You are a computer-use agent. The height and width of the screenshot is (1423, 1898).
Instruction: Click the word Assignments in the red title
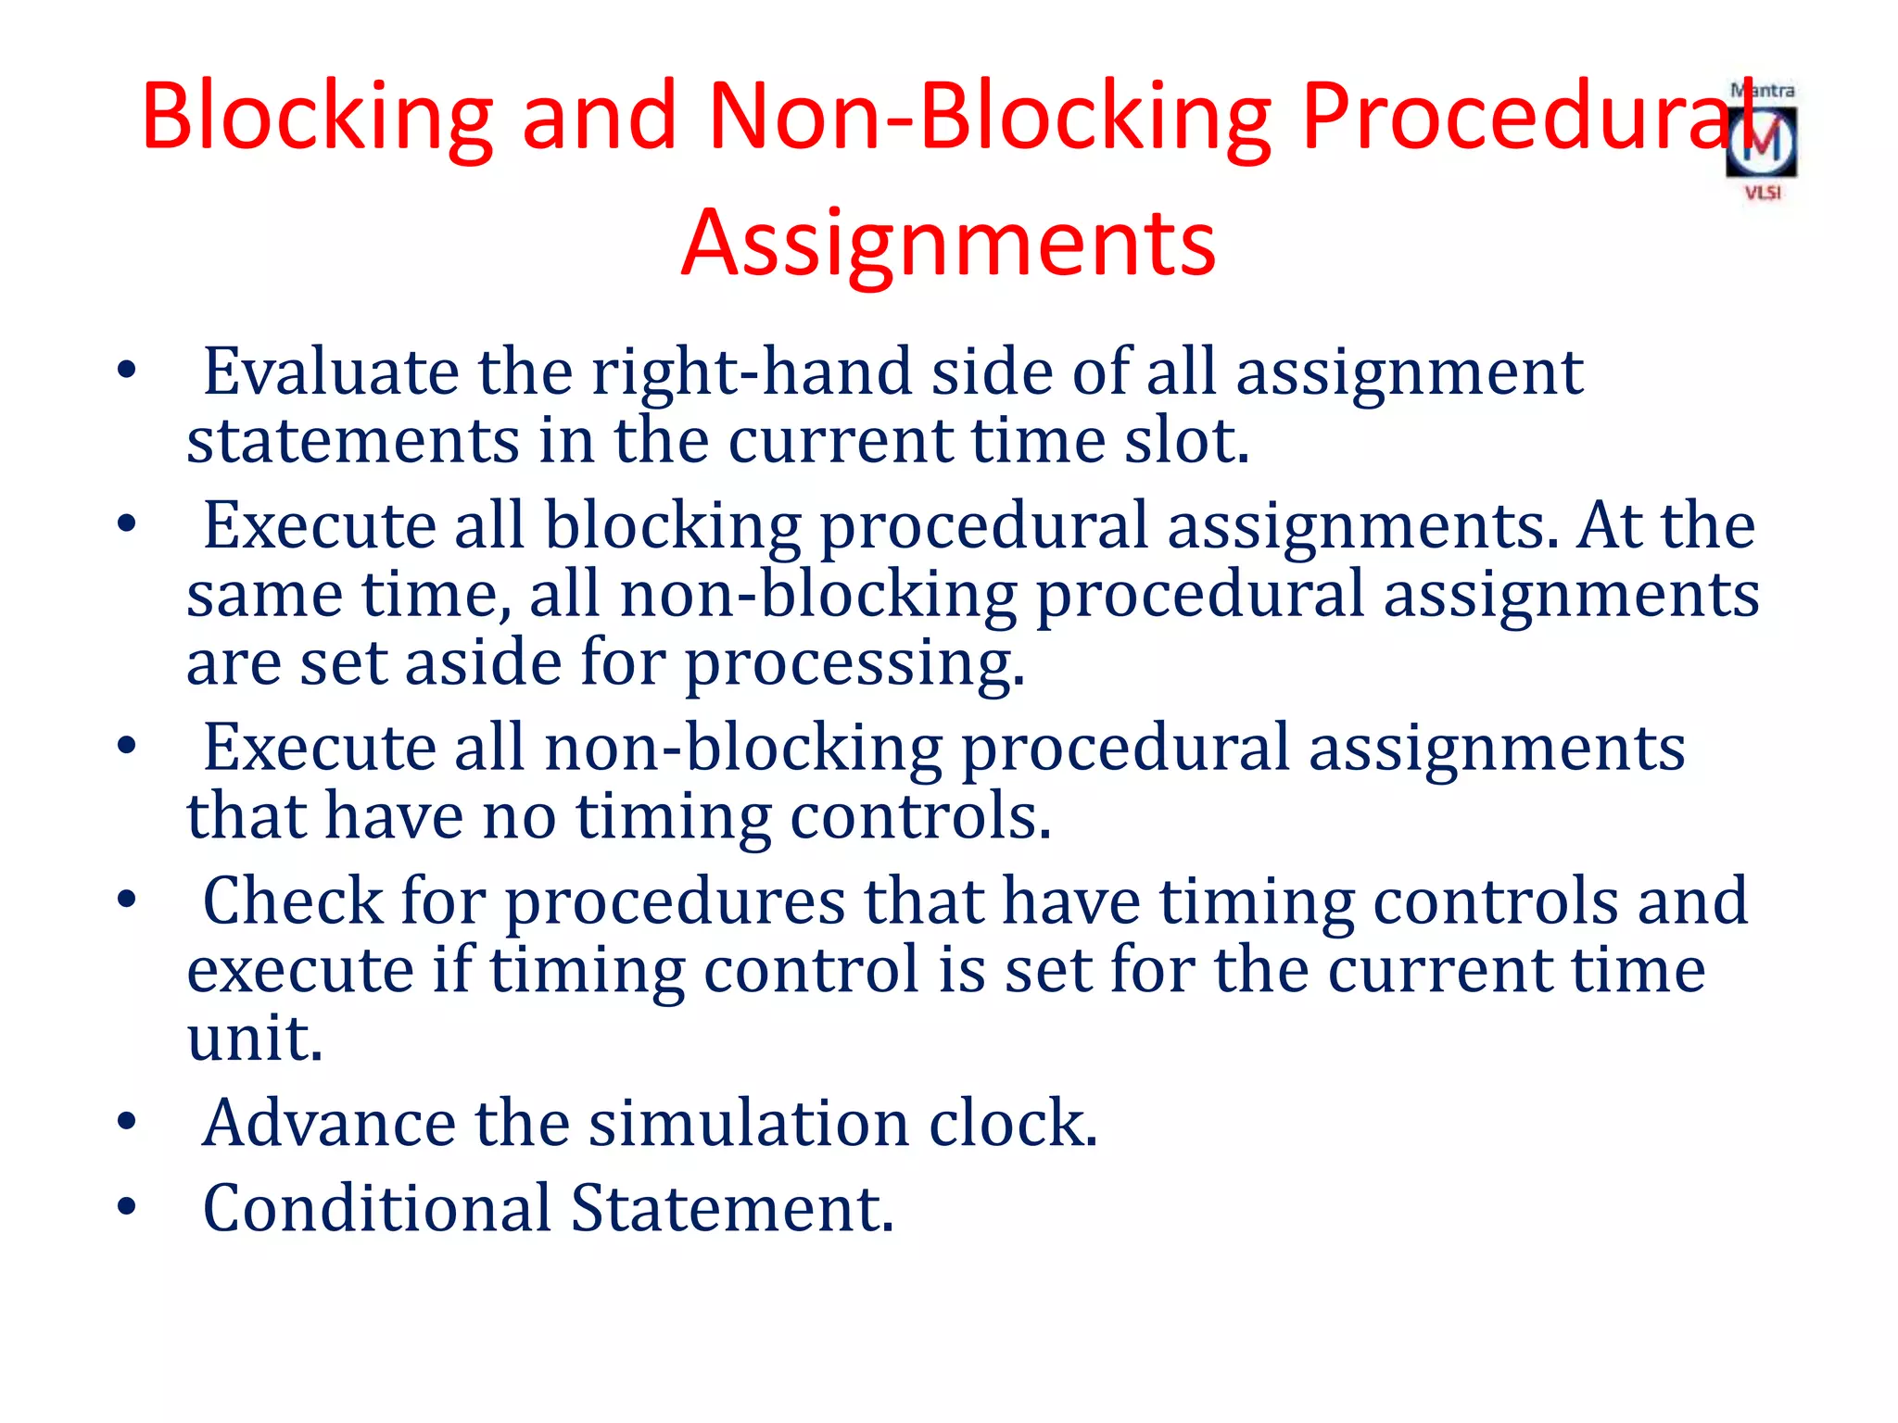(948, 243)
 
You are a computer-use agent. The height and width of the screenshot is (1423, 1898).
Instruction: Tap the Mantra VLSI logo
(1762, 142)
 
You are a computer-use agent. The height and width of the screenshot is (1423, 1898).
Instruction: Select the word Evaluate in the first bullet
(330, 371)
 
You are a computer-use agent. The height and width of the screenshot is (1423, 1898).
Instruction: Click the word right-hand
(752, 371)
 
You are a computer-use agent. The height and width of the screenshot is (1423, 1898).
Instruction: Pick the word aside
(483, 662)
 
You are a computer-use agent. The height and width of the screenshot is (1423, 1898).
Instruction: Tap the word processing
(854, 664)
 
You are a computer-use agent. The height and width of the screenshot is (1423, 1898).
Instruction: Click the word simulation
(749, 1123)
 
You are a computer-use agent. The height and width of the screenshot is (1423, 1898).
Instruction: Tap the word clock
(1013, 1123)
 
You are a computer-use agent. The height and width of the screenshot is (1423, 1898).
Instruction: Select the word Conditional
(377, 1208)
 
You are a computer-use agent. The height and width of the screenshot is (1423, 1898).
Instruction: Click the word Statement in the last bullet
(731, 1208)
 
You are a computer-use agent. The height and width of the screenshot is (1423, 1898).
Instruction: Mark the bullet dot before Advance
(127, 1122)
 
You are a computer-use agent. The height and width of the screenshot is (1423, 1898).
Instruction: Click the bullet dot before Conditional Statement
(127, 1207)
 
